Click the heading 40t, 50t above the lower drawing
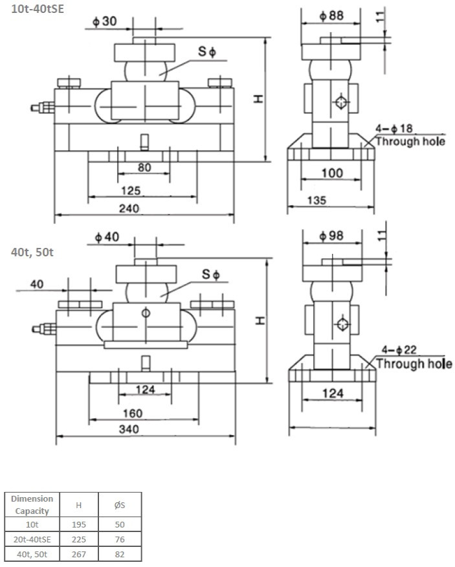tap(32, 252)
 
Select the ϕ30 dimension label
tap(104, 21)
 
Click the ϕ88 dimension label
tap(331, 16)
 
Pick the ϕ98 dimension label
tap(331, 236)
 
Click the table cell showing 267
tap(78, 553)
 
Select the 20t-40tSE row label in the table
tap(32, 539)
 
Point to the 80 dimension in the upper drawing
tap(144, 168)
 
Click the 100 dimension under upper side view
tap(331, 173)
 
